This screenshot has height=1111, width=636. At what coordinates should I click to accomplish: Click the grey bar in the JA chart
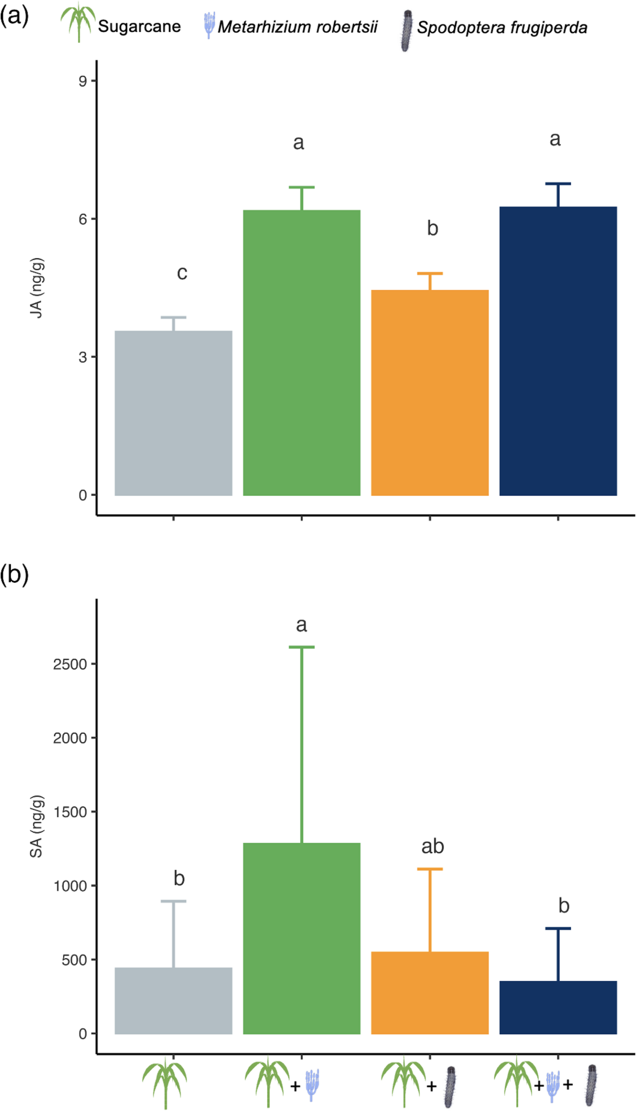pyautogui.click(x=173, y=413)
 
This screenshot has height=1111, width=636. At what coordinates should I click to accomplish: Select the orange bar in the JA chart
pyautogui.click(x=430, y=392)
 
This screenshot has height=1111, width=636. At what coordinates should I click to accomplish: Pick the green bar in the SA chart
pyautogui.click(x=301, y=939)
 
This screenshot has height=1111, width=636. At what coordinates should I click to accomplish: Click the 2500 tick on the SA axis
pyautogui.click(x=70, y=664)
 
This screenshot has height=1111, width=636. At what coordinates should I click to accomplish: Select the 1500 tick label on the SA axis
pyautogui.click(x=70, y=812)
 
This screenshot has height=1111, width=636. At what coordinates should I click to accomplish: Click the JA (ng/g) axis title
pyautogui.click(x=37, y=288)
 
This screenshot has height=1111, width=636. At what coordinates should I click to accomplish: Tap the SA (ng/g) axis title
pyautogui.click(x=37, y=826)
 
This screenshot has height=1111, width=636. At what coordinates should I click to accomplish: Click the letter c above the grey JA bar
pyautogui.click(x=182, y=273)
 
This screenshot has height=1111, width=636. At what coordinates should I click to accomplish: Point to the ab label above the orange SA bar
pyautogui.click(x=432, y=846)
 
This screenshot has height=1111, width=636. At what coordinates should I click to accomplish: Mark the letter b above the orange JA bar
pyautogui.click(x=432, y=228)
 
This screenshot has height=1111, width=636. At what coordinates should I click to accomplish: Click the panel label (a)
pyautogui.click(x=14, y=16)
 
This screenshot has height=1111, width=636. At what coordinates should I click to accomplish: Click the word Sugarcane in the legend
pyautogui.click(x=139, y=26)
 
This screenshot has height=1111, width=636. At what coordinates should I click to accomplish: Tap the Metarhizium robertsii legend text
pyautogui.click(x=297, y=27)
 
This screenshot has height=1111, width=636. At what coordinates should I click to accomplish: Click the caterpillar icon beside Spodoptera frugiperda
pyautogui.click(x=407, y=30)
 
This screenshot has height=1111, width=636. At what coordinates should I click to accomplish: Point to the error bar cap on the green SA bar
pyautogui.click(x=301, y=647)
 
